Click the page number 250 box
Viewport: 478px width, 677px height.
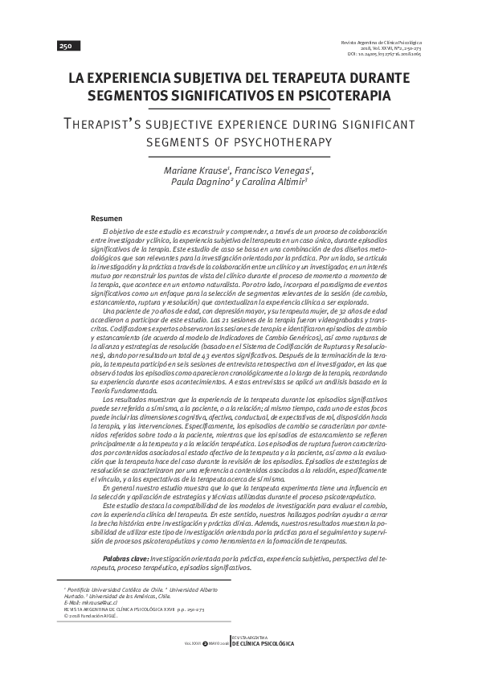point(64,47)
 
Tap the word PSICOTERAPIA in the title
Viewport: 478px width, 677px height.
point(341,96)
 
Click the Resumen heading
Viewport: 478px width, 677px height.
point(106,218)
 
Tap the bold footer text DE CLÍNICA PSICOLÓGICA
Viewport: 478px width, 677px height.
point(262,645)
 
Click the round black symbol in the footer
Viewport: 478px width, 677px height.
point(205,645)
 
